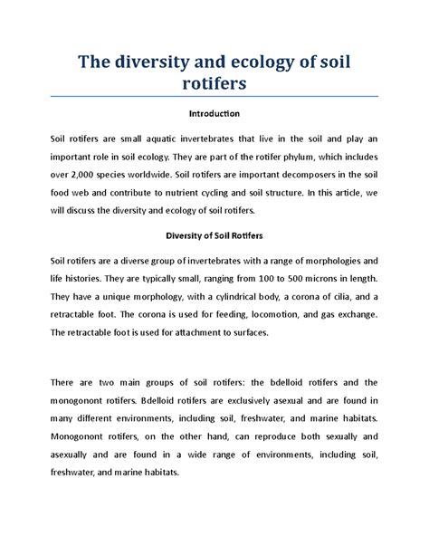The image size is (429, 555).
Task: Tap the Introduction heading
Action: click(x=214, y=115)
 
